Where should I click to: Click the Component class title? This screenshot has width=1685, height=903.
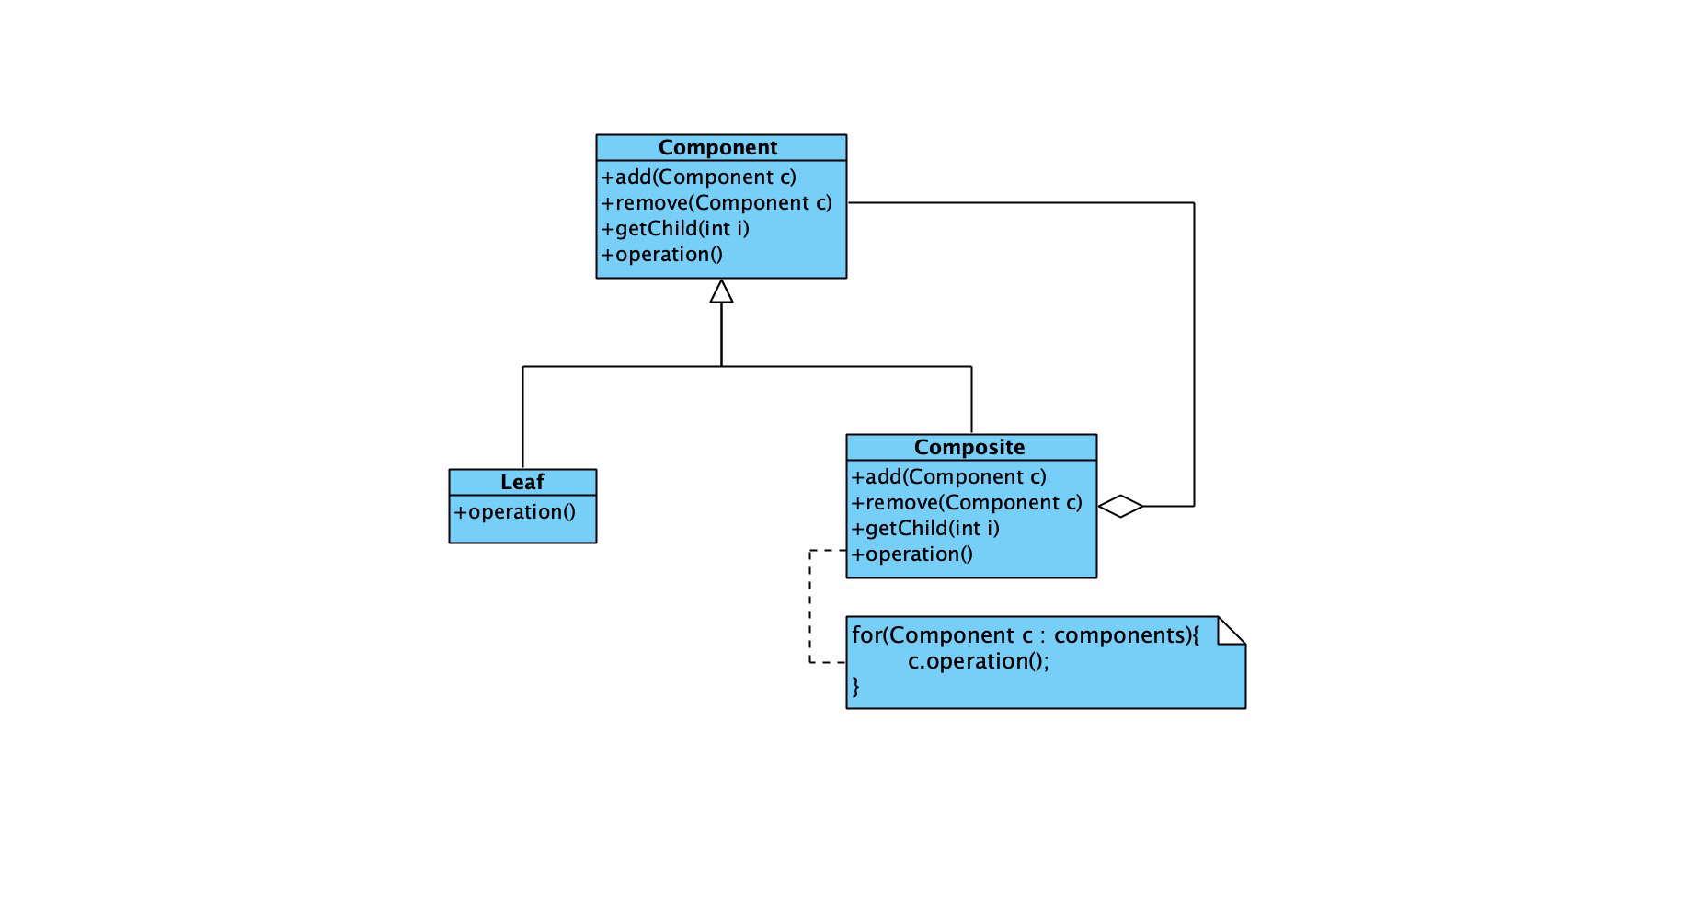coord(717,148)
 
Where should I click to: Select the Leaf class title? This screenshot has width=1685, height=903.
coord(522,483)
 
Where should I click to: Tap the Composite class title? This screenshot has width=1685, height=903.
coord(969,448)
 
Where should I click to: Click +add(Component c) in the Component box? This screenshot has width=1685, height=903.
coord(699,177)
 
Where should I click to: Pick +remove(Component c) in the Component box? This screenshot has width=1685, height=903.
coord(716,203)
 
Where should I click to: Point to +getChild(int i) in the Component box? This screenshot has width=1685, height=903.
coord(675,229)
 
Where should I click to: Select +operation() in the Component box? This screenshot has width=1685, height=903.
coord(662,255)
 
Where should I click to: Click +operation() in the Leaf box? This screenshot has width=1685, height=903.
coord(515,512)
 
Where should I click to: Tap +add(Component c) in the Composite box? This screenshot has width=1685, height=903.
coord(949,477)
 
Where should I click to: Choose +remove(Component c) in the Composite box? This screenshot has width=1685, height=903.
coord(967,503)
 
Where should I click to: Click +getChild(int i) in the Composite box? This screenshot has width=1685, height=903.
coord(925,529)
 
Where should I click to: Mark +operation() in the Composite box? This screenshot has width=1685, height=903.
coord(912,554)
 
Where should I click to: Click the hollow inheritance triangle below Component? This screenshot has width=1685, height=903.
coord(721,291)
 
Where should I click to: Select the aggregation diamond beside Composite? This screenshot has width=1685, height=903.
coord(1120,506)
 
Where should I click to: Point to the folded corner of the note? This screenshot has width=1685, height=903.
coord(1232,631)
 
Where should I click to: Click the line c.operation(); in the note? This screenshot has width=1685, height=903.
coord(979,661)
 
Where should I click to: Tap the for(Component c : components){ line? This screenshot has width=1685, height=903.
coord(1026,635)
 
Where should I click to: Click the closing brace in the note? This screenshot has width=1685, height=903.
coord(855,686)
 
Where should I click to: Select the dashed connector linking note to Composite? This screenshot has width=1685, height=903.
coord(809,606)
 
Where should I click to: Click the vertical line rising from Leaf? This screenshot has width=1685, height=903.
coord(522,417)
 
